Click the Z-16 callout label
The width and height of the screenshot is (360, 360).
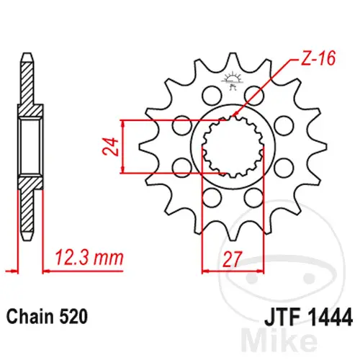tap(318, 59)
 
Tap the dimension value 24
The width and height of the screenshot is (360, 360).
tap(111, 147)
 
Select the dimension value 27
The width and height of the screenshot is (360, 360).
tap(232, 259)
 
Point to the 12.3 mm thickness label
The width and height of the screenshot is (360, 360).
tap(89, 258)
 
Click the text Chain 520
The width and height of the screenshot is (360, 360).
tap(47, 317)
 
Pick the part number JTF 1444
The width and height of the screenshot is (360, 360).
tap(309, 317)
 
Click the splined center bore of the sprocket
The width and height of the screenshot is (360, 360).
tap(233, 146)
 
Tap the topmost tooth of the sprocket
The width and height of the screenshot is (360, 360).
tap(232, 60)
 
